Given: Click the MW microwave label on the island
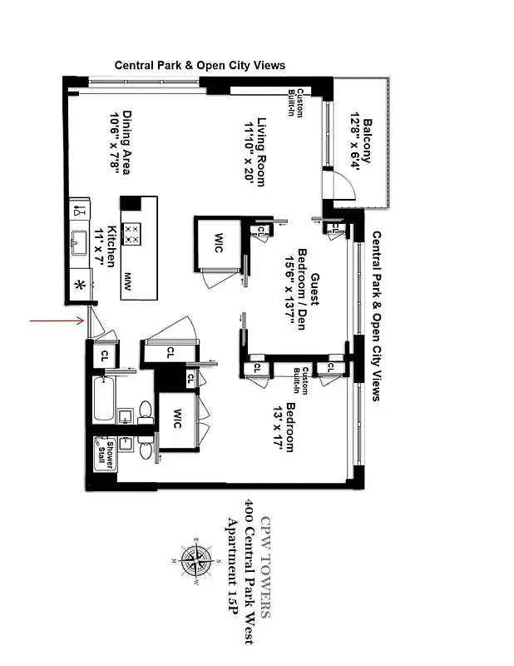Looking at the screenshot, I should (x=129, y=277).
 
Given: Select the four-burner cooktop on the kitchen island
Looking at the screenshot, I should (x=131, y=232).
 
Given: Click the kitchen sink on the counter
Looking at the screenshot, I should (x=82, y=242).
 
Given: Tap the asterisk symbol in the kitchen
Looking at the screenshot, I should (x=81, y=286).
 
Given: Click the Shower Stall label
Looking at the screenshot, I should (x=105, y=454).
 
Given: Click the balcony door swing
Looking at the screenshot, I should (x=334, y=185).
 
